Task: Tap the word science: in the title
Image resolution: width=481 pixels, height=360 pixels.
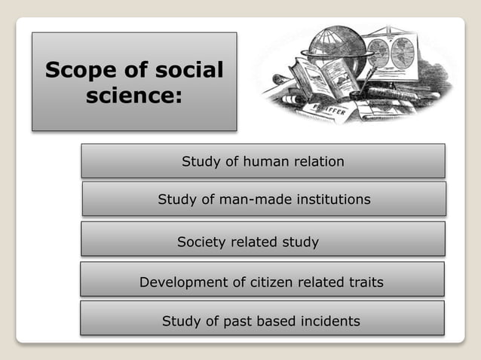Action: [134, 96]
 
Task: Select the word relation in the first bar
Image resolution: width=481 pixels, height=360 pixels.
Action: [317, 161]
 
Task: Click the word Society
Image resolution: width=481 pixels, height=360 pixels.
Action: [201, 243]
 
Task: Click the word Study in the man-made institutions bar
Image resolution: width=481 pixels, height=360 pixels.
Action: [176, 200]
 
